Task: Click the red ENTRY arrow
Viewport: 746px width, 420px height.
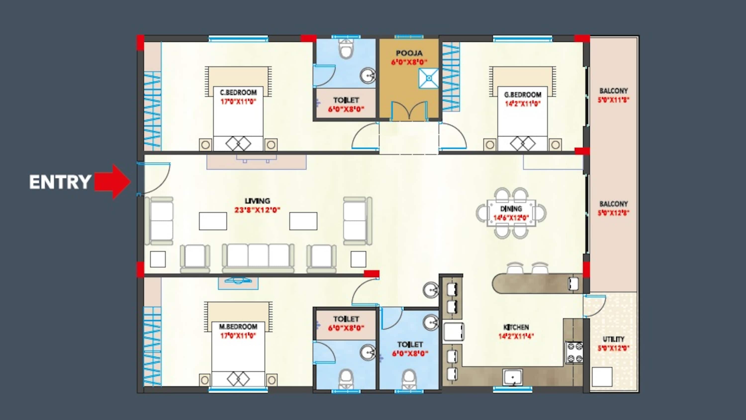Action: click(x=112, y=182)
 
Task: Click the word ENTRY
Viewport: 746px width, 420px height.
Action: click(x=60, y=182)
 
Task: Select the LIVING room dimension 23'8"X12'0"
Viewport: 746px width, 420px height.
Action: click(x=257, y=210)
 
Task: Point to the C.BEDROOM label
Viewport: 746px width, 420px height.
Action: click(x=238, y=93)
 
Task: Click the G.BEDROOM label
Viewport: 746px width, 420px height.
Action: click(x=522, y=95)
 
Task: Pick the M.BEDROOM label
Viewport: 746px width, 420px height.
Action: click(x=238, y=327)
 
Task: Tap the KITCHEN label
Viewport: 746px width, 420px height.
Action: click(x=516, y=327)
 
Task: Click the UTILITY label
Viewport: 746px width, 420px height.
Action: click(x=614, y=339)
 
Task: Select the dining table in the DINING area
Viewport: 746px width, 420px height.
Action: click(x=511, y=213)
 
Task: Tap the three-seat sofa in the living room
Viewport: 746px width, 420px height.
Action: click(x=258, y=258)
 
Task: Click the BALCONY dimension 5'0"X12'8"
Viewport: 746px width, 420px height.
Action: click(x=613, y=213)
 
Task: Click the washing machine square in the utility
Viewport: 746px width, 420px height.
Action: click(x=602, y=377)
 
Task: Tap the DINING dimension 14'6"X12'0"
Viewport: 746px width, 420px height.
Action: click(x=511, y=218)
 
